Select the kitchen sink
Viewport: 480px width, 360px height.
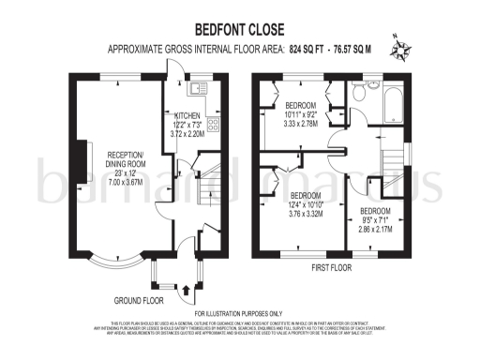click(x=198, y=89)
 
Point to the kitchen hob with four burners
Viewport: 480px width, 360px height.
click(x=213, y=126)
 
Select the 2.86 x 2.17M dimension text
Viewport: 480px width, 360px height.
click(x=378, y=229)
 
